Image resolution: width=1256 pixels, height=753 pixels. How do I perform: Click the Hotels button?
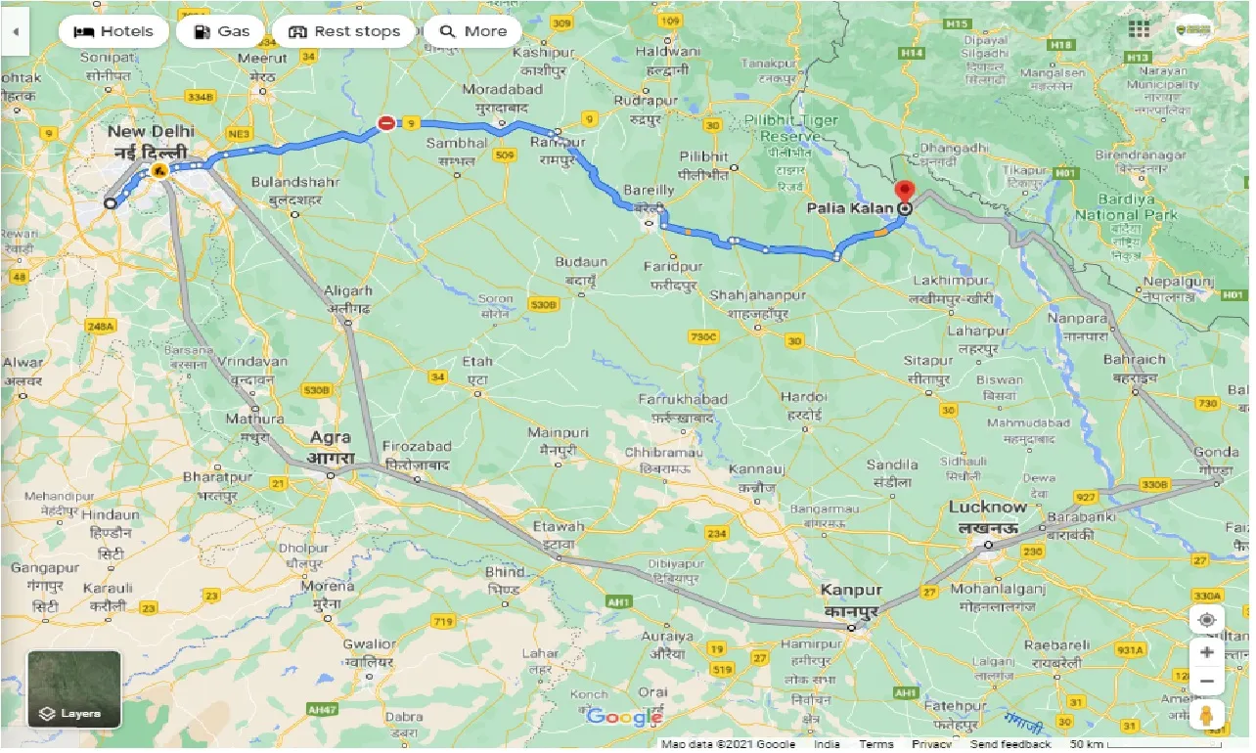(114, 31)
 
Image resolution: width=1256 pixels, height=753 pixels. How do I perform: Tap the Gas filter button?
(221, 31)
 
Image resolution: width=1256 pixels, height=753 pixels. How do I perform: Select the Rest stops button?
(344, 31)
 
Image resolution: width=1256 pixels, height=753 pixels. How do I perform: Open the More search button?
(472, 31)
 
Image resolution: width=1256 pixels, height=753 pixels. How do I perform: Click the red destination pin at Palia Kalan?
(905, 193)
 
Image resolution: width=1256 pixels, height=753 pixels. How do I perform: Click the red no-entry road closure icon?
(387, 123)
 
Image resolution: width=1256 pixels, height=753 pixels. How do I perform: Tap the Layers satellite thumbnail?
(74, 689)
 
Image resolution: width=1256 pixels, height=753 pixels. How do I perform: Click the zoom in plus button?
(1207, 652)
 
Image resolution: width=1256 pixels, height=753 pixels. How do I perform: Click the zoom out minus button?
(1207, 682)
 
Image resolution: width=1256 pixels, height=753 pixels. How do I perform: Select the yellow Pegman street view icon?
(1207, 716)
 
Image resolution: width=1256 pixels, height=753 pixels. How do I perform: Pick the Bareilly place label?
(649, 190)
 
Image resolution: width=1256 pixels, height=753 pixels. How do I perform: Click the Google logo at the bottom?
(624, 718)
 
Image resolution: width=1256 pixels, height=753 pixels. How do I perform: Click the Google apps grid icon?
(1139, 29)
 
